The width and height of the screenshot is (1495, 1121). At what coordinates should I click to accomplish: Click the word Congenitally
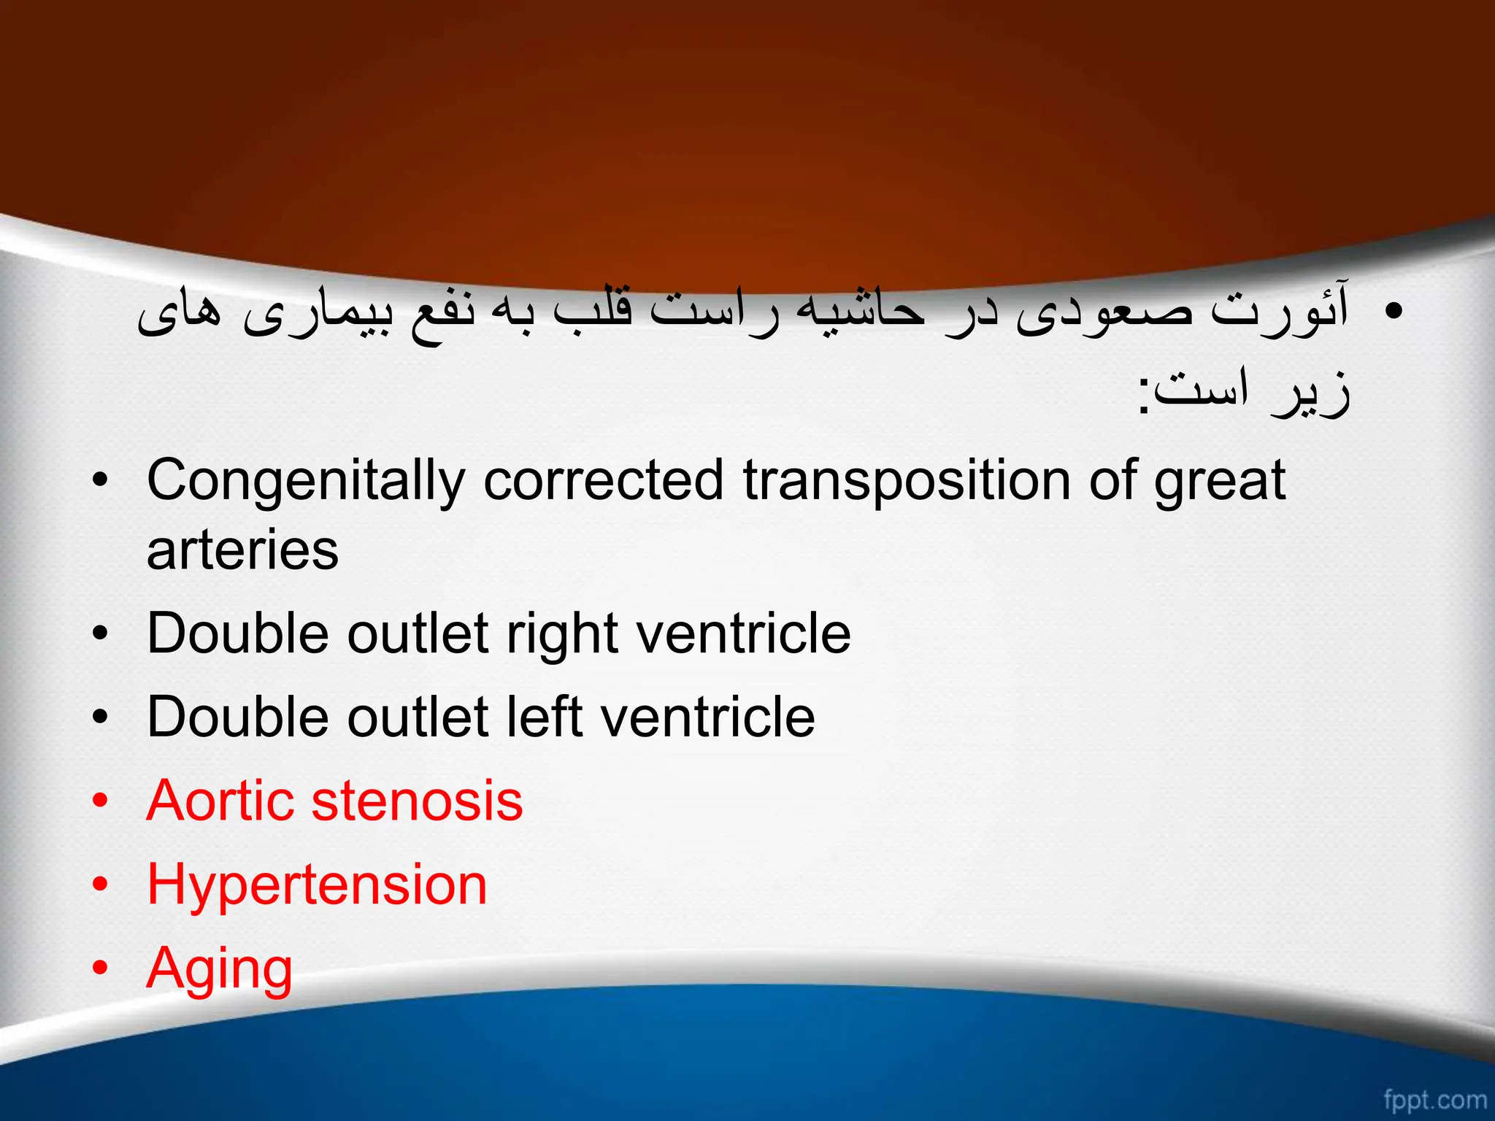(305, 482)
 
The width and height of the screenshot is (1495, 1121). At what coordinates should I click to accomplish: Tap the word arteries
(242, 550)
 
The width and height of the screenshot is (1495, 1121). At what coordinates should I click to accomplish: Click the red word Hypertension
(317, 885)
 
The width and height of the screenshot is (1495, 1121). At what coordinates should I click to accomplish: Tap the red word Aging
(219, 969)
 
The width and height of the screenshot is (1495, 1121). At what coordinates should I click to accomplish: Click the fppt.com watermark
(1434, 1098)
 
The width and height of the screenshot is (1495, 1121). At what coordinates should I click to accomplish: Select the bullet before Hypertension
(100, 885)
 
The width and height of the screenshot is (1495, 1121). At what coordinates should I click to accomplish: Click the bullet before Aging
(100, 968)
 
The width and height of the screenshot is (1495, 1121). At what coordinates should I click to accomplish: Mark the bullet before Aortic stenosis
(100, 801)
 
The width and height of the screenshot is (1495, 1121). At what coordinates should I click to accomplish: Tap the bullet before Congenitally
(100, 482)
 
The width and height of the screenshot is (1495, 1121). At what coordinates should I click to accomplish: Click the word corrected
(603, 482)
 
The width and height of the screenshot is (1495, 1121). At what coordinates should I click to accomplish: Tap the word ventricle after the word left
(707, 717)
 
